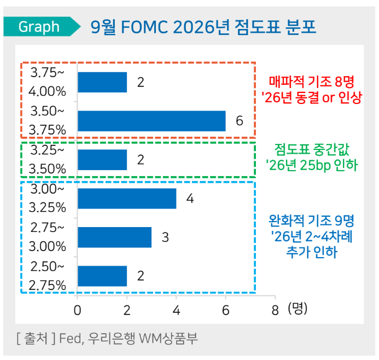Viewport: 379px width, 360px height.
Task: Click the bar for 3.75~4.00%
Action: [102, 82]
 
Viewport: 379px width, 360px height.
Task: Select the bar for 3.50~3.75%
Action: [151, 121]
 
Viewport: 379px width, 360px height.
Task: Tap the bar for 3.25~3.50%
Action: [102, 160]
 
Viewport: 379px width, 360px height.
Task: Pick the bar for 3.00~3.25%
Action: [127, 198]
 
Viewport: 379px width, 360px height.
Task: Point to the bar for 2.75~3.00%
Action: [115, 237]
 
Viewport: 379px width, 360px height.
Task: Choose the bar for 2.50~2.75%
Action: [102, 276]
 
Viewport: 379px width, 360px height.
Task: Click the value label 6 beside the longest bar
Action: [239, 121]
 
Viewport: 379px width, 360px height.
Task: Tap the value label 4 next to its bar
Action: [190, 198]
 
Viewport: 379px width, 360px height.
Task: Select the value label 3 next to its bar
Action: [165, 237]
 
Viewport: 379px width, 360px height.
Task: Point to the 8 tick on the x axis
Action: [275, 309]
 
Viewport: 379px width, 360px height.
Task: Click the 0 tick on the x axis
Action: [78, 309]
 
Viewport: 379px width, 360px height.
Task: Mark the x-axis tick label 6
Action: [226, 309]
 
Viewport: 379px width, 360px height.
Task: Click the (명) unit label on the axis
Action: [298, 309]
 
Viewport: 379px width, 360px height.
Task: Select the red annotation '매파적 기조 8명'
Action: [312, 83]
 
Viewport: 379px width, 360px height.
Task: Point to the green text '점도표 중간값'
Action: [312, 148]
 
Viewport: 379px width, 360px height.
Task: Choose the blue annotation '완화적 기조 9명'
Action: [312, 222]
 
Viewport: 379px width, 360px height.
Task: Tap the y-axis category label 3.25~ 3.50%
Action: [48, 159]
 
